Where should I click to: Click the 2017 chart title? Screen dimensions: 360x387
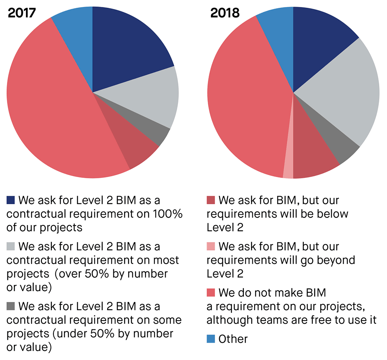pos(22,13)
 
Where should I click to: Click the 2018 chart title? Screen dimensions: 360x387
pos(225,13)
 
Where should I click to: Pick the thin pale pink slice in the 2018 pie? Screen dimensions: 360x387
pos(288,166)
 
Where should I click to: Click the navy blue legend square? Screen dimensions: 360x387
pos(11,200)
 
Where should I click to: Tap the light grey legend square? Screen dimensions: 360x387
pos(11,246)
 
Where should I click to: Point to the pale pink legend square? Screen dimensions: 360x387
pos(211,246)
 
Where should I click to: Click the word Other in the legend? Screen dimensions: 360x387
pos(233,339)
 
